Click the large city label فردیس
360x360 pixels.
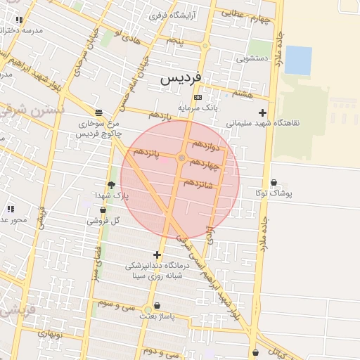(181, 77)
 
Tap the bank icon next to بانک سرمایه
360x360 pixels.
(198, 97)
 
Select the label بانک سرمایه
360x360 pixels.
(198, 108)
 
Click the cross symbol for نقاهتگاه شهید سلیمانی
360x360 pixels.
(262, 112)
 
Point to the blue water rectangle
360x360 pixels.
(298, 60)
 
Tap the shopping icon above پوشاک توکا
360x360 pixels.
(274, 183)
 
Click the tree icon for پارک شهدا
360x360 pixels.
(111, 185)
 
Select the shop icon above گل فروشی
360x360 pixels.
(103, 210)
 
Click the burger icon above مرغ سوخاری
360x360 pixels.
(98, 112)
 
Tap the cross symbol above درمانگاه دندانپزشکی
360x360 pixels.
(157, 255)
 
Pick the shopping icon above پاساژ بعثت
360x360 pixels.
(156, 306)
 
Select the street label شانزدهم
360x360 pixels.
(198, 183)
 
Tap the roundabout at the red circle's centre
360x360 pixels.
(181, 158)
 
